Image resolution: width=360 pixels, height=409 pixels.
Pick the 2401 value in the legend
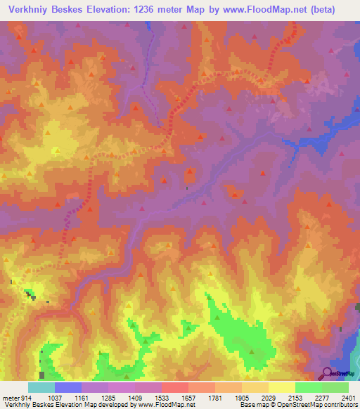(x=348, y=397)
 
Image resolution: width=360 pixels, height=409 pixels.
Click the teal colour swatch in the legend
(x=41, y=387)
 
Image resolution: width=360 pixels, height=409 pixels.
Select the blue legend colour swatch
(x=67, y=387)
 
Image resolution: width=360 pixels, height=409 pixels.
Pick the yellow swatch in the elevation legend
(x=281, y=387)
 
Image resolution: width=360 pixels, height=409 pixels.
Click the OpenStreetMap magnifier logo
(x=326, y=373)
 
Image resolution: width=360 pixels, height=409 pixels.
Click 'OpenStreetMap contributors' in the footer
(x=314, y=405)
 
